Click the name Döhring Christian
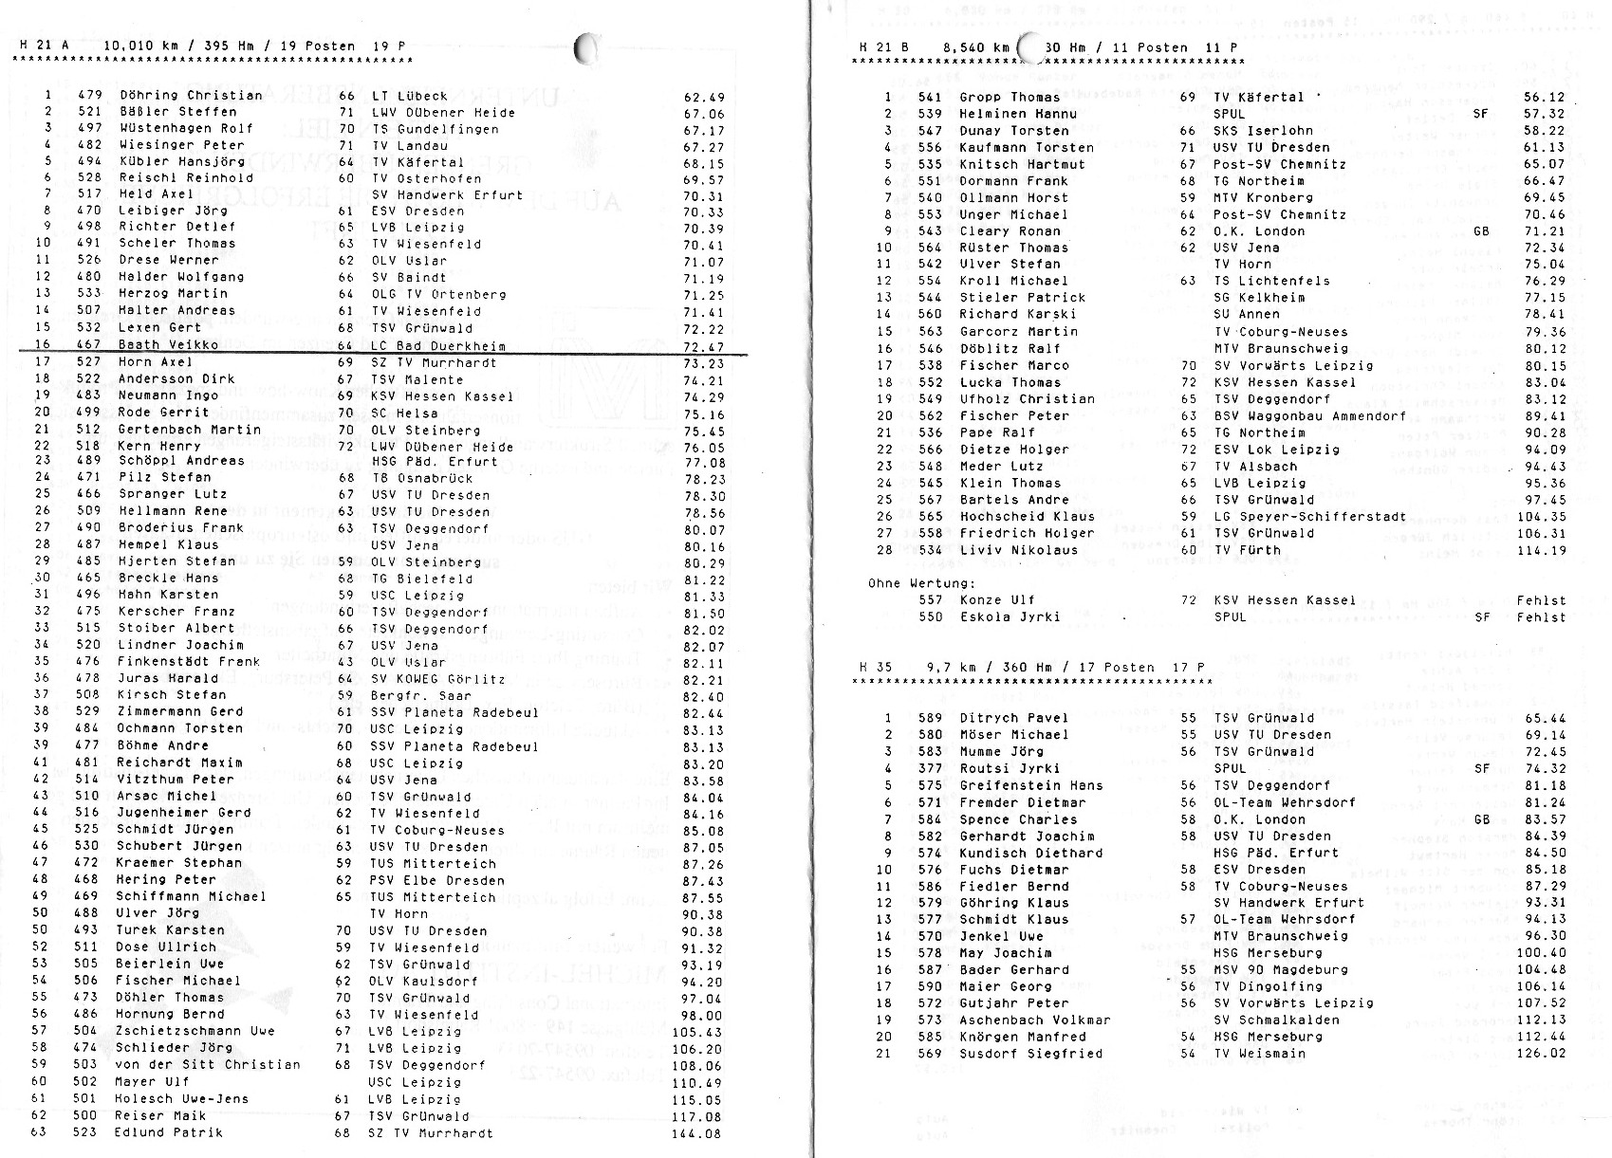pyautogui.click(x=191, y=96)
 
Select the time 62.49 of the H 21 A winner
pyautogui.click(x=703, y=97)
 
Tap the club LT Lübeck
pyautogui.click(x=410, y=96)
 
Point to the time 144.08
pyautogui.click(x=699, y=1132)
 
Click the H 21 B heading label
pyautogui.click(x=878, y=47)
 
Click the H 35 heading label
pyautogui.click(x=876, y=668)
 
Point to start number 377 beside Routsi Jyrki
pyautogui.click(x=930, y=768)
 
